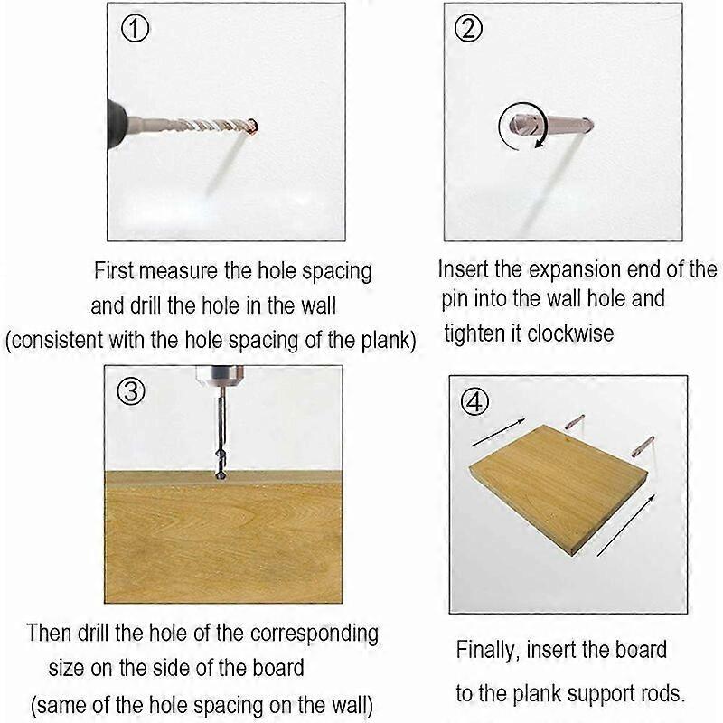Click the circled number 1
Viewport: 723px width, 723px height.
click(135, 30)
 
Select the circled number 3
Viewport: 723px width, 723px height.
click(132, 393)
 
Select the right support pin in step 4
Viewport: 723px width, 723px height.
click(643, 446)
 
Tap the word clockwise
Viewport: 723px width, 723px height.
click(570, 333)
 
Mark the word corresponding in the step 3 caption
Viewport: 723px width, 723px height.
click(305, 633)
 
